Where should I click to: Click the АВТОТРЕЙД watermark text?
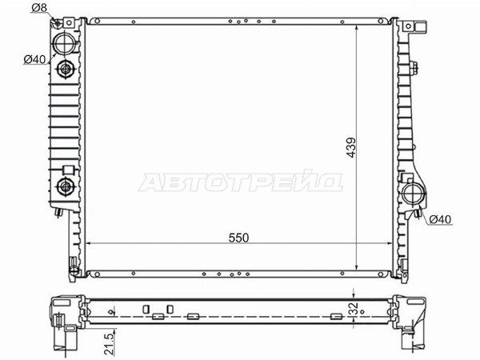point(241,182)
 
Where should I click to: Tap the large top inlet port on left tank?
point(64,40)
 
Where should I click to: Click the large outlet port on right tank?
point(415,194)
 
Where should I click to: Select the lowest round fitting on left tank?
point(64,189)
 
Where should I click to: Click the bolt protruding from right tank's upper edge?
point(415,68)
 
